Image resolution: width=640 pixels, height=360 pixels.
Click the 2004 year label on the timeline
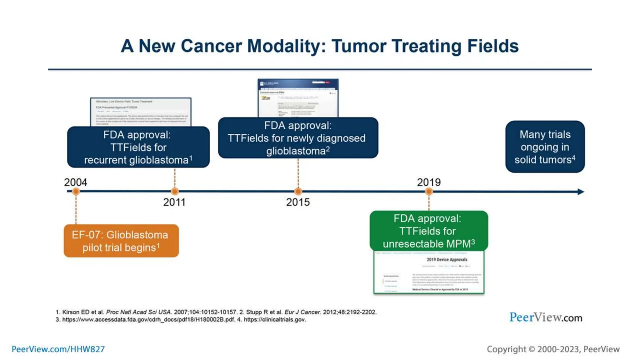click(75, 182)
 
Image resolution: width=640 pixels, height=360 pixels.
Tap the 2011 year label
click(174, 202)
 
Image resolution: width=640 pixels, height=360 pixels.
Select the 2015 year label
click(298, 202)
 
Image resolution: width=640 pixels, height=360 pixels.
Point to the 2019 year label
click(429, 182)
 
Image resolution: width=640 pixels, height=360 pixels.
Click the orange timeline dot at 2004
click(76, 191)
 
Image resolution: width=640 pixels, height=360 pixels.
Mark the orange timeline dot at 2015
click(298, 191)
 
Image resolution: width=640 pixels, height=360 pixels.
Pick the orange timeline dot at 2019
click(429, 191)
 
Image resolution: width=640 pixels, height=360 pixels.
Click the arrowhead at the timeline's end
click(581, 192)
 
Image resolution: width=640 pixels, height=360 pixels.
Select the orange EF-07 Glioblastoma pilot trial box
click(121, 241)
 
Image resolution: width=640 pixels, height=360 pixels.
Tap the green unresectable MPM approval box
click(428, 231)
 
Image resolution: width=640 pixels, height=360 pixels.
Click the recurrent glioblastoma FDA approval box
click(138, 147)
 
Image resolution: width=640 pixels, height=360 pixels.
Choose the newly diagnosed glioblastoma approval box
click(298, 138)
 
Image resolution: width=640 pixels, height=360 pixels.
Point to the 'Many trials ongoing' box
click(545, 147)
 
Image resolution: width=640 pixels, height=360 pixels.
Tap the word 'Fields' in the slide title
click(493, 46)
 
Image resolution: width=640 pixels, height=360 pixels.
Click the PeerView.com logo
click(546, 317)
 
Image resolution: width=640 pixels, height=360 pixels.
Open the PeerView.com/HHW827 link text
click(58, 349)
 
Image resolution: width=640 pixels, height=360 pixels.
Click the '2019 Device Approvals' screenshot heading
click(447, 259)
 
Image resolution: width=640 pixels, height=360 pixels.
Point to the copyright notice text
click(553, 349)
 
